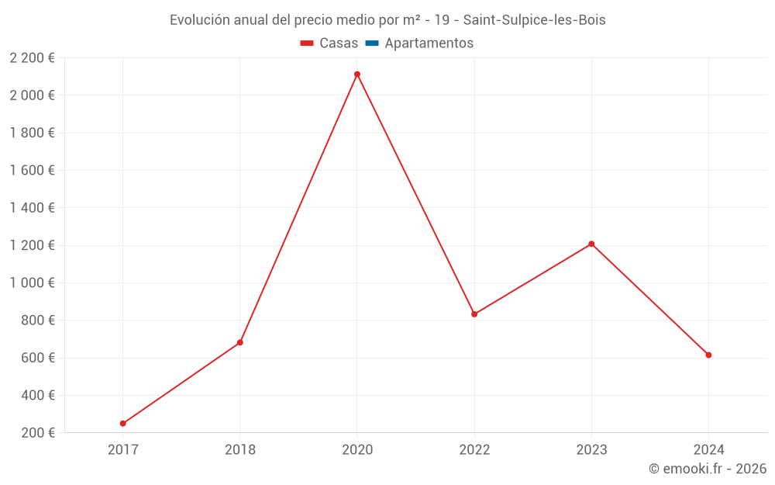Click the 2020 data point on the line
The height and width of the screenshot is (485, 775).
tap(357, 74)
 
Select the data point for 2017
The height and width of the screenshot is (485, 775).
tap(122, 424)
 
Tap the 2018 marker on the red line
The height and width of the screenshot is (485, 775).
tap(240, 342)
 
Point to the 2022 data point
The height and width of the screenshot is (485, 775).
tap(474, 314)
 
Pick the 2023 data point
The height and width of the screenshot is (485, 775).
tap(591, 244)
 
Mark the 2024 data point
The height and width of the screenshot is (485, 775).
tap(708, 355)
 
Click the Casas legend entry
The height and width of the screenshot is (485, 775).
tap(329, 43)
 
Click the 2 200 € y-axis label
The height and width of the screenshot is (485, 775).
tap(32, 58)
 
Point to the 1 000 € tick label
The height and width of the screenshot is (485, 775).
tap(32, 283)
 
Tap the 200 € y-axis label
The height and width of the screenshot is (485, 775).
tap(36, 433)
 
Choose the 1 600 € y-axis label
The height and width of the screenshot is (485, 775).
tap(32, 171)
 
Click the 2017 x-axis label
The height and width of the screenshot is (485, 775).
tap(122, 449)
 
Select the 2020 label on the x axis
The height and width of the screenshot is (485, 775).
tap(357, 449)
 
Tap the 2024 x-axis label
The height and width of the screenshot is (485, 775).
tap(708, 449)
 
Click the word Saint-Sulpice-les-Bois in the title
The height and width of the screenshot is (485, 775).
tap(534, 20)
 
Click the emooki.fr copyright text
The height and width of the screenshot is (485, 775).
tap(708, 469)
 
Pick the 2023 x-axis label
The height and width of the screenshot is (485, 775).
tap(591, 449)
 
